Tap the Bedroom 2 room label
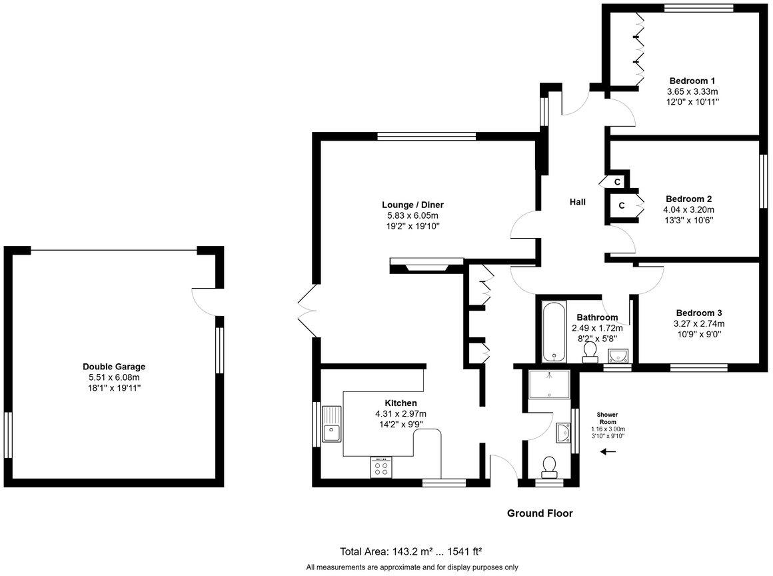click(x=688, y=199)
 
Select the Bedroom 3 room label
click(x=698, y=313)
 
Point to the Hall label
click(x=577, y=201)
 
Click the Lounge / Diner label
click(x=412, y=205)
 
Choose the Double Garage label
click(x=114, y=367)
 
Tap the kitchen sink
click(x=331, y=425)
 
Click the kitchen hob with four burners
click(x=381, y=467)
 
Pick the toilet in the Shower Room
click(x=550, y=466)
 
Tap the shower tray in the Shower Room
click(x=548, y=384)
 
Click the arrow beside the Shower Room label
click(x=607, y=452)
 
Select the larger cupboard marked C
click(x=621, y=205)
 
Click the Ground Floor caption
click(x=540, y=513)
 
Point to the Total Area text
click(x=411, y=551)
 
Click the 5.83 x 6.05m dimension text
click(x=412, y=215)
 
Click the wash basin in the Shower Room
click(x=563, y=435)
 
